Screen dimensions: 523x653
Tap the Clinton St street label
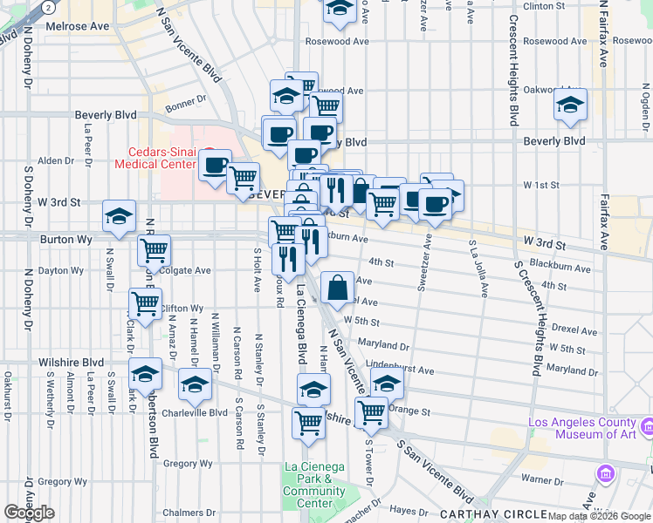(545, 6)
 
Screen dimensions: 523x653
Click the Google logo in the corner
(29, 513)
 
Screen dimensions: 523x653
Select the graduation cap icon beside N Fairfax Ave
(570, 106)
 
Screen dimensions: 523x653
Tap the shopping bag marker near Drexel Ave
(337, 286)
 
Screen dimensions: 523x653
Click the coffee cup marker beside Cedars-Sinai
(215, 164)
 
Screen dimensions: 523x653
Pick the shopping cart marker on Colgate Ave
(154, 250)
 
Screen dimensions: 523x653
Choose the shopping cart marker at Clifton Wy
(145, 304)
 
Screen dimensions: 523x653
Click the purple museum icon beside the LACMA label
(648, 427)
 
